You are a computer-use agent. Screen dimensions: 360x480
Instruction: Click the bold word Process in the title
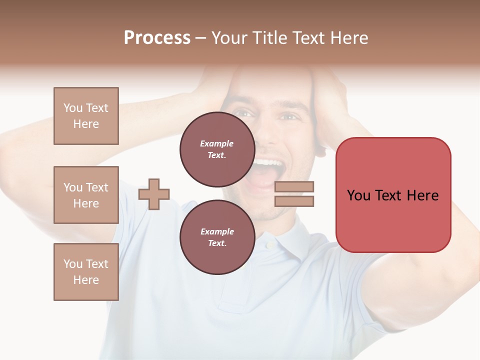157,38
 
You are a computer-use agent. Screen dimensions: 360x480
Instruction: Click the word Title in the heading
270,38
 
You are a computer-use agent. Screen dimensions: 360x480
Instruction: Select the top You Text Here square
86,116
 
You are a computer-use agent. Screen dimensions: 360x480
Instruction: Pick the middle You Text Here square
86,195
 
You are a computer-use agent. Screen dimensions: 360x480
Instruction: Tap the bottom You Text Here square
86,272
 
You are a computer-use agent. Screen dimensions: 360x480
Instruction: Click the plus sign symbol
154,194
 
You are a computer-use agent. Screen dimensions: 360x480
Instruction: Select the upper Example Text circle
217,149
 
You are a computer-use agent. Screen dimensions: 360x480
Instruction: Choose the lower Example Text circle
217,237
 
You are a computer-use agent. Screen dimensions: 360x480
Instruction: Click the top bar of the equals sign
294,187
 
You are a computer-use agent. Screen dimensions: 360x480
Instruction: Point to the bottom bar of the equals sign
294,201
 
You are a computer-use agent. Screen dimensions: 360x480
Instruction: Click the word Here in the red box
422,195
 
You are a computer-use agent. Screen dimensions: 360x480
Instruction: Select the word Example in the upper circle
217,143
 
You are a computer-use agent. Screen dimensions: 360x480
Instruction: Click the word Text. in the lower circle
217,243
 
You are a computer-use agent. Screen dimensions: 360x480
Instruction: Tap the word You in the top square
73,108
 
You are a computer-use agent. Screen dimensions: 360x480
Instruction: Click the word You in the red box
359,195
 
